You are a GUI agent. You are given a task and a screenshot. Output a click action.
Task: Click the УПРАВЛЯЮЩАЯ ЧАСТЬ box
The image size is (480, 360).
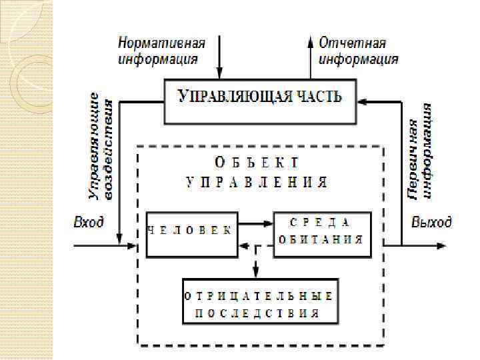click(x=260, y=101)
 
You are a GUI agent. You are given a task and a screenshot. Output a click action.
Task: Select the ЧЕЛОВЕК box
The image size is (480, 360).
click(x=192, y=233)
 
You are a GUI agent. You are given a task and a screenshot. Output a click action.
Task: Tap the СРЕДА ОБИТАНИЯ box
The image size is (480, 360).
click(x=321, y=233)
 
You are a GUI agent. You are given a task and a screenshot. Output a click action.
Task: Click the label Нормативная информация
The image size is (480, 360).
click(x=162, y=51)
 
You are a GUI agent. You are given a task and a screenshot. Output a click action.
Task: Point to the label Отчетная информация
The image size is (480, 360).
click(x=359, y=51)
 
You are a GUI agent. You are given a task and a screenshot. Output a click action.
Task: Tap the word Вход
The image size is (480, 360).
click(x=88, y=222)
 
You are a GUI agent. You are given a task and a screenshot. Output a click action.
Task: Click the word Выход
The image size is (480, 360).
click(x=431, y=222)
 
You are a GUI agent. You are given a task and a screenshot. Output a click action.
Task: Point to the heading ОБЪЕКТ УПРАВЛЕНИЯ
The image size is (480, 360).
click(x=257, y=172)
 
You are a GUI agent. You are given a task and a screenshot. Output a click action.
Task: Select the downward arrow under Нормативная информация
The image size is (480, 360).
click(x=219, y=60)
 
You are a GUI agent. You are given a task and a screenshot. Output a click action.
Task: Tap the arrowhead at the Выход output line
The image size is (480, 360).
click(x=441, y=245)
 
